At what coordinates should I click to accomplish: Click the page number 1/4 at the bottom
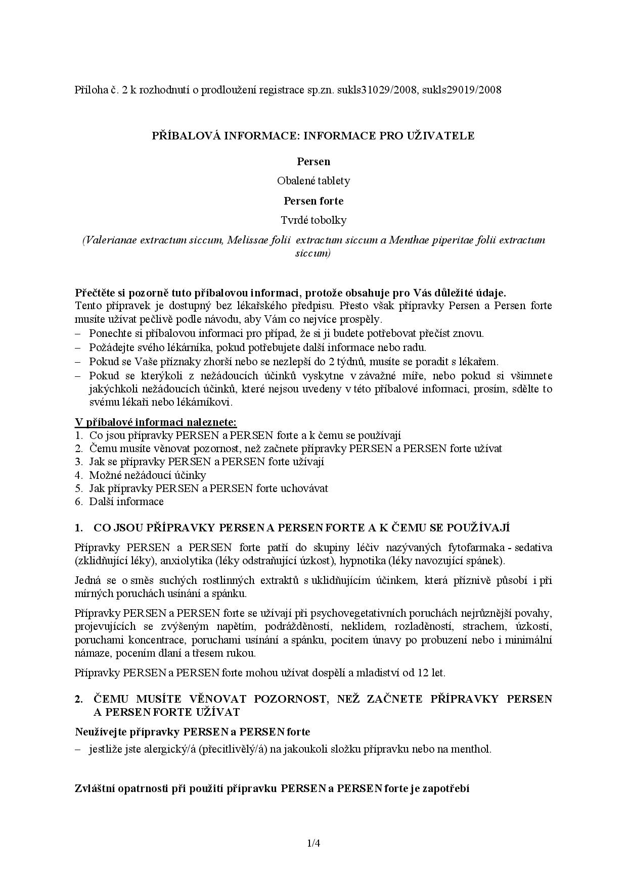(x=313, y=843)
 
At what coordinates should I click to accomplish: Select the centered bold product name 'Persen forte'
(x=313, y=201)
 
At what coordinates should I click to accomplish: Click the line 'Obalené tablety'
(x=313, y=181)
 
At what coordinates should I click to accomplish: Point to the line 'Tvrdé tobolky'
(x=313, y=220)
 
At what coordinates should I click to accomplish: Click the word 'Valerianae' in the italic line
(x=111, y=240)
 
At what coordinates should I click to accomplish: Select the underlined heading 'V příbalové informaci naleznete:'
(x=156, y=422)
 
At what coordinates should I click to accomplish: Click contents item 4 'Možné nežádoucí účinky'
(x=148, y=475)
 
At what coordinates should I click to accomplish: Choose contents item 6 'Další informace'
(x=126, y=502)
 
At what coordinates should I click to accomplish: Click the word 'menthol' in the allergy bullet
(x=470, y=749)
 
